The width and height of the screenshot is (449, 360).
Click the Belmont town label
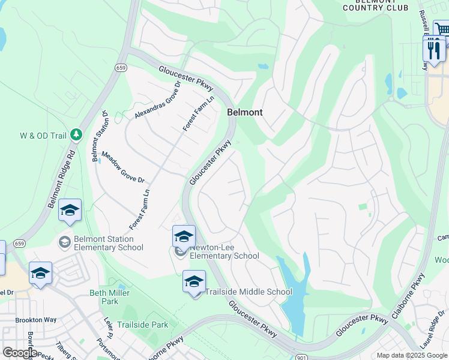244,112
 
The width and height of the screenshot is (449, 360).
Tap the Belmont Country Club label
375,5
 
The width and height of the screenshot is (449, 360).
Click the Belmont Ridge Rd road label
63,179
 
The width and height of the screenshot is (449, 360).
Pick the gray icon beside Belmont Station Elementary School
64,242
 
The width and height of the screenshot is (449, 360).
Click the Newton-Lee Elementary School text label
224,252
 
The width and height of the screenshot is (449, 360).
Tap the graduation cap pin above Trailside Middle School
194,281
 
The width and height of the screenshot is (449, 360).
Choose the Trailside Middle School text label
249,292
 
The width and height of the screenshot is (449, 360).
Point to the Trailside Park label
142,325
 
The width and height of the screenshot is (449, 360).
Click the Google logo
20,353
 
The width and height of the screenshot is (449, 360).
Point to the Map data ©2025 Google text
411,355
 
